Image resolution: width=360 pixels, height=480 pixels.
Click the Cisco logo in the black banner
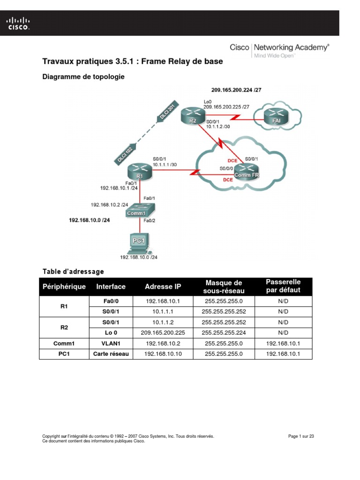click(x=18, y=23)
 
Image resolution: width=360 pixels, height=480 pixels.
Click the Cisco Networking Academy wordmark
click(x=279, y=48)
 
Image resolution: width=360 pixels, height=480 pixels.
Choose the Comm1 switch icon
click(x=139, y=210)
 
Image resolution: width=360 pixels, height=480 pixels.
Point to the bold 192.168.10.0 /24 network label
click(x=90, y=219)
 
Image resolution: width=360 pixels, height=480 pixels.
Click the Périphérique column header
click(x=64, y=286)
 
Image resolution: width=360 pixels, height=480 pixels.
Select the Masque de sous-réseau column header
click(x=224, y=287)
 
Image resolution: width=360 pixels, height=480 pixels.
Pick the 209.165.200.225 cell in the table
click(x=163, y=333)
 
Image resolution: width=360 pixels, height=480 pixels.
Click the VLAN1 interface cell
click(x=111, y=343)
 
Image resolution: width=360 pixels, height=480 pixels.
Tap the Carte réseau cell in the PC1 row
click(x=111, y=354)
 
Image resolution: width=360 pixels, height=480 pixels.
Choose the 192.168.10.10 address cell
click(x=163, y=354)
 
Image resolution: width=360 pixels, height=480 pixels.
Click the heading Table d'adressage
click(x=73, y=271)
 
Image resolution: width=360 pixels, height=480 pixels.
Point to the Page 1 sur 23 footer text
click(x=300, y=436)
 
